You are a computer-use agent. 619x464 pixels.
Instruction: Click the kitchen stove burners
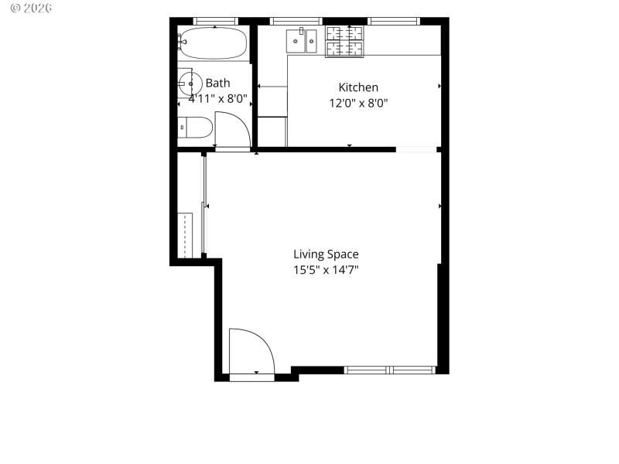tap(344, 41)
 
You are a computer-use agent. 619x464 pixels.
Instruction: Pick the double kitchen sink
tap(303, 40)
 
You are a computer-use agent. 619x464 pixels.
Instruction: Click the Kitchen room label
tap(358, 87)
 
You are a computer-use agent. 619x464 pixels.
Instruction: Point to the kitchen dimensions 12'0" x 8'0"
tap(358, 102)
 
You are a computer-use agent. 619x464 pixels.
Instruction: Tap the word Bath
tap(217, 83)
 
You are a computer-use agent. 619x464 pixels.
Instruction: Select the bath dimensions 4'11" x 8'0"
tap(217, 98)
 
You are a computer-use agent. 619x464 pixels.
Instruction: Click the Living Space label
tap(326, 254)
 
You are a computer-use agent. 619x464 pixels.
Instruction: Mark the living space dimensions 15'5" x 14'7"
tap(326, 269)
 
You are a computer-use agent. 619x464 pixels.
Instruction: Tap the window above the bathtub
tap(215, 20)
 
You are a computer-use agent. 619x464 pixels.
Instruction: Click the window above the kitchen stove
tap(393, 20)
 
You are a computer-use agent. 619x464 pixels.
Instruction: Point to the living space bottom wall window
tap(391, 370)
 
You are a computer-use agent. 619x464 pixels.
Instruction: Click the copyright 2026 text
tap(27, 8)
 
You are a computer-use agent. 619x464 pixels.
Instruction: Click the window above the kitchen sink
tap(296, 20)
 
